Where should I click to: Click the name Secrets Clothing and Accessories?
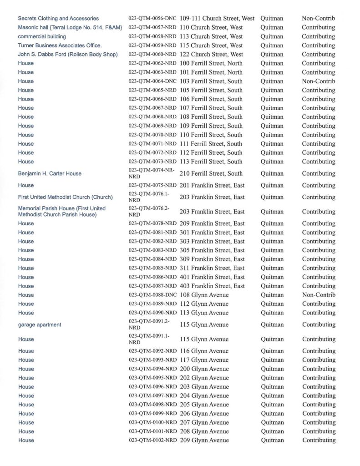58,19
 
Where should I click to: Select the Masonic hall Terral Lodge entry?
70,27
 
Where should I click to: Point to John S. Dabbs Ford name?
68,55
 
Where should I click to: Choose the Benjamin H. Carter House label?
50,173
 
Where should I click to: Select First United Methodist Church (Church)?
65,197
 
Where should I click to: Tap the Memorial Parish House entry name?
61,212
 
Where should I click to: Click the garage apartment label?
40,324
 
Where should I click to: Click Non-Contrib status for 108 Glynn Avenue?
318,295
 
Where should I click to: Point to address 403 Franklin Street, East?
212,286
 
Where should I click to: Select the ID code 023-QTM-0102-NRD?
152,441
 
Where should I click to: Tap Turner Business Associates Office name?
60,46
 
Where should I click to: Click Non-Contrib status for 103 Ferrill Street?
318,81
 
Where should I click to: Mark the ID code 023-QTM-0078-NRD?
152,223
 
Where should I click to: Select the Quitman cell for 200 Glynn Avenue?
272,369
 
